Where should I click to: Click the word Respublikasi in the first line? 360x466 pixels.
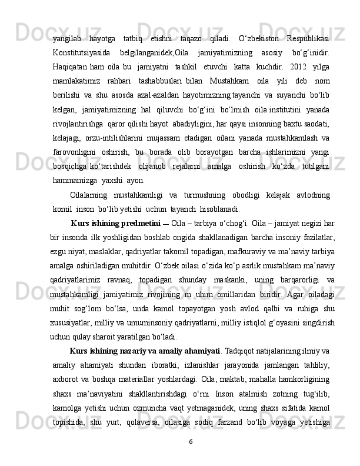pyautogui.click(x=308, y=39)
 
